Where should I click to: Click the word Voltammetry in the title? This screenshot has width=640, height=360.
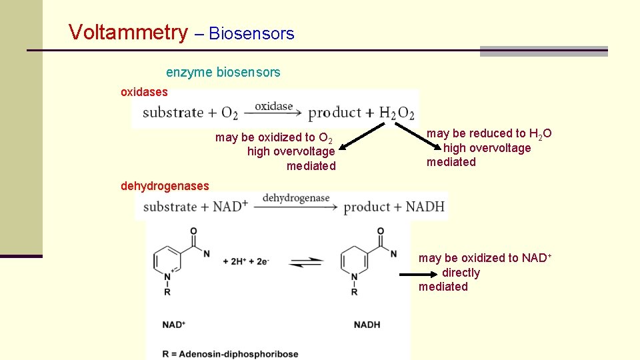pos(129,32)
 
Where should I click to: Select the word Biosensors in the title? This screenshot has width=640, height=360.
pos(251,33)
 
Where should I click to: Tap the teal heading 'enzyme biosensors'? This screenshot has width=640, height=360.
pos(223,71)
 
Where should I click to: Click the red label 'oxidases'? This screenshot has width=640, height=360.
pos(144,91)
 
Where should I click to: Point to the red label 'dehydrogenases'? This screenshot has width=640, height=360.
pos(165,186)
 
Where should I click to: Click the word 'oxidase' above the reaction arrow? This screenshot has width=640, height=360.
pos(273,106)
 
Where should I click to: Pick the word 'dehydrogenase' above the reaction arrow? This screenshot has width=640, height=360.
pos(296,198)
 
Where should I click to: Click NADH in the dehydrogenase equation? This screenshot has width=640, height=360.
pos(425,207)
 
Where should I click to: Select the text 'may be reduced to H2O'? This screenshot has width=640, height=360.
pos(489,134)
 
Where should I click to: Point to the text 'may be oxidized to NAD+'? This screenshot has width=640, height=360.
pos(485,258)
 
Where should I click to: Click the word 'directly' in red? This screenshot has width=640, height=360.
pos(461,273)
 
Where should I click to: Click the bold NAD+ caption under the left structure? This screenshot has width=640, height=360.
pos(174,325)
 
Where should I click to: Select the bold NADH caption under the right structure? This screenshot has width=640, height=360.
pos(367,325)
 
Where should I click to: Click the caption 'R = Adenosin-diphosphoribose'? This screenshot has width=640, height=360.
pos(230,354)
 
